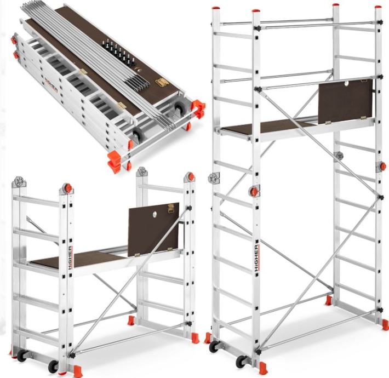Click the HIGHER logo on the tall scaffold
[x=257, y=259]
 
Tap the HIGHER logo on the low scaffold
[x=70, y=259]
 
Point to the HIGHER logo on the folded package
[x=51, y=84]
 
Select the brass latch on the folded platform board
[x=162, y=82]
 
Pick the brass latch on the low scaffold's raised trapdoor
[x=171, y=208]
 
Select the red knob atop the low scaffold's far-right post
[x=191, y=176]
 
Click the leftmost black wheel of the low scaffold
[x=22, y=355]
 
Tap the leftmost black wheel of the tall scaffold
[x=214, y=346]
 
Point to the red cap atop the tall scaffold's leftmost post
[x=215, y=8]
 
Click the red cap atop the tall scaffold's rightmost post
[x=379, y=7]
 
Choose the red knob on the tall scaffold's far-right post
[x=382, y=166]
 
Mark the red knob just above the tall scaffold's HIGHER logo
[x=254, y=191]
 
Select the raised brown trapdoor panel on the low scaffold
[x=153, y=229]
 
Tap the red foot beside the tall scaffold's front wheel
[x=262, y=368]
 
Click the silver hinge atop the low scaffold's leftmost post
[x=19, y=181]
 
